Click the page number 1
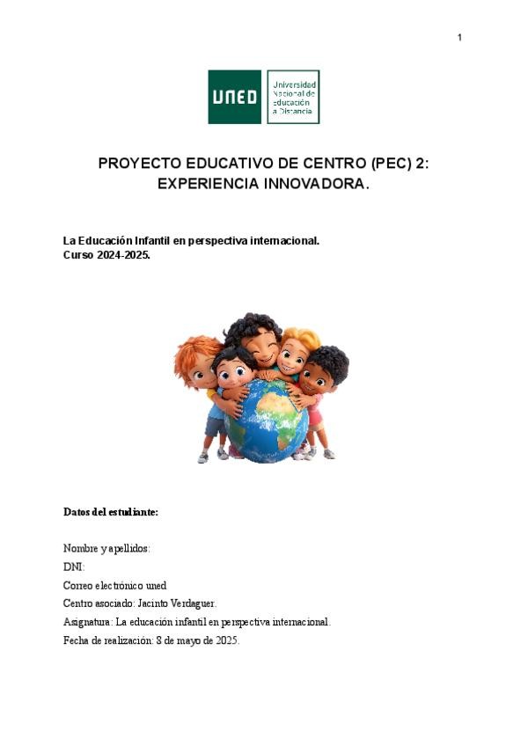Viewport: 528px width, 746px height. (459, 38)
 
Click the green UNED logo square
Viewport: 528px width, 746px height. (234, 97)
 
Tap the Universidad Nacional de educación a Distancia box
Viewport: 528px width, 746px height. (293, 97)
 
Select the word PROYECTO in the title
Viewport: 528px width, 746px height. (140, 164)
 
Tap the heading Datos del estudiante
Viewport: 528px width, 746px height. (110, 511)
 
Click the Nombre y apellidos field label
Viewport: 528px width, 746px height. (106, 548)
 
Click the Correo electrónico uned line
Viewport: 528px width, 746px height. (114, 585)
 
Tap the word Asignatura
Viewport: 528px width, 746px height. (87, 622)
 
